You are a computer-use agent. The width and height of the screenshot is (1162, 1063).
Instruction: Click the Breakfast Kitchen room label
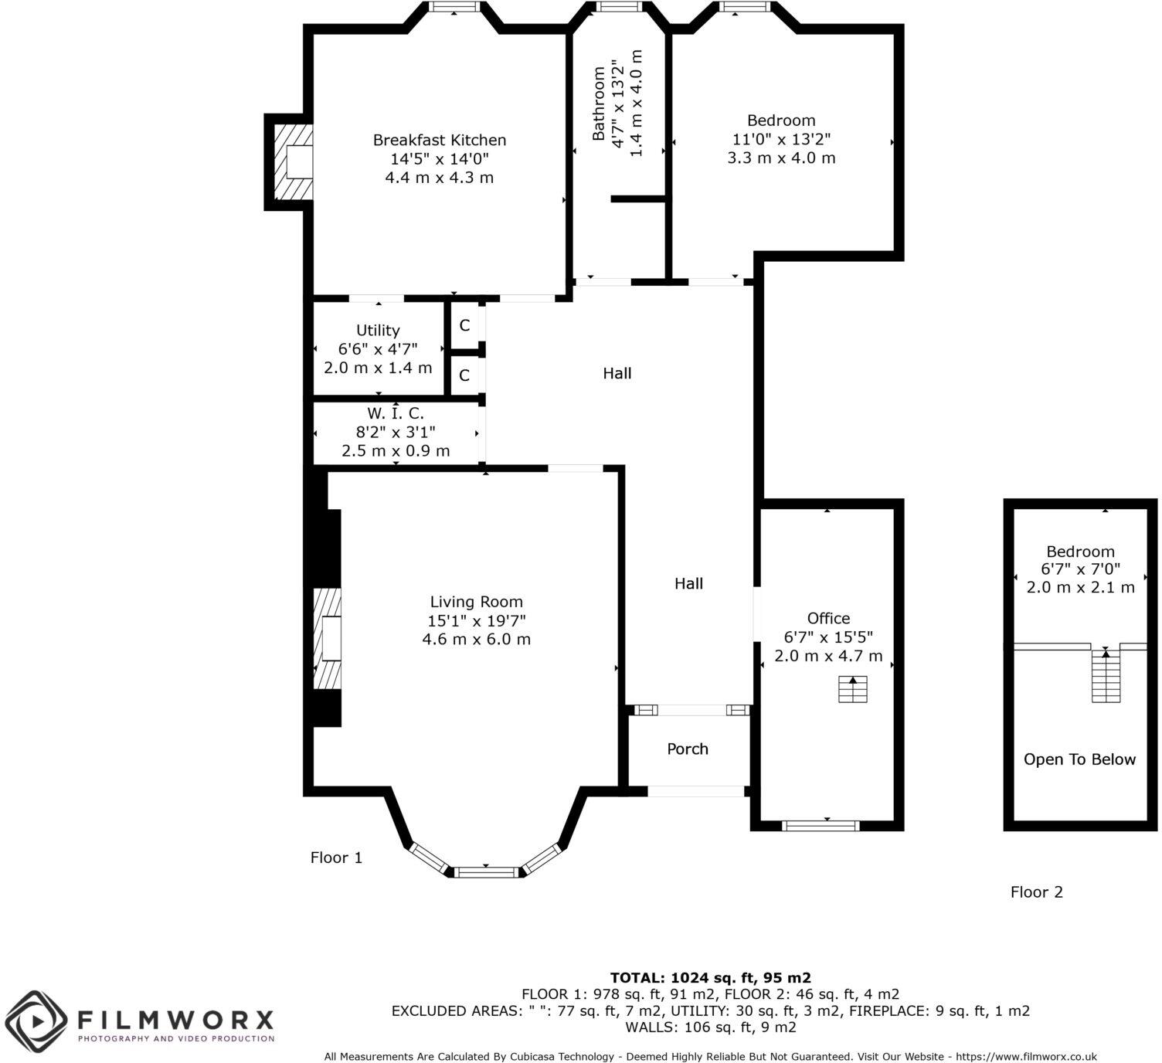tap(439, 141)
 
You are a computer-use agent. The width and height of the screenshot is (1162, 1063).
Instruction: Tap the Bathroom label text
tap(599, 104)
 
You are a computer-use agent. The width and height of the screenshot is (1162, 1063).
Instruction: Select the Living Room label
tap(476, 602)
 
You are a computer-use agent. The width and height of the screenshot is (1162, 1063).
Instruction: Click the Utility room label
tap(378, 331)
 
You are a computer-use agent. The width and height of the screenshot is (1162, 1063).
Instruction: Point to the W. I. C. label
tap(395, 414)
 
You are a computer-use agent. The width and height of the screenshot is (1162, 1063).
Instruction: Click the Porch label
tap(687, 749)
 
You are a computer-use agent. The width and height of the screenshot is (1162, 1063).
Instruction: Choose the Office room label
tap(828, 619)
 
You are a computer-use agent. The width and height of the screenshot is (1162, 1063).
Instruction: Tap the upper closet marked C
tap(464, 326)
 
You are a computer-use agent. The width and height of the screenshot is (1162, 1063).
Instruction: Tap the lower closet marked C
tap(464, 376)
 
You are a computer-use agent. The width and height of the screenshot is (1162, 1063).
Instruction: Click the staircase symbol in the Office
tap(853, 689)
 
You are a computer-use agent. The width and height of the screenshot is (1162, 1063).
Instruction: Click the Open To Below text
tap(1079, 760)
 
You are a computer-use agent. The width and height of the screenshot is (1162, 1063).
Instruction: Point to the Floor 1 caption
tap(336, 858)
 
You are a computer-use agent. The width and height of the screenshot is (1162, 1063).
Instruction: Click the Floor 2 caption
tap(1036, 892)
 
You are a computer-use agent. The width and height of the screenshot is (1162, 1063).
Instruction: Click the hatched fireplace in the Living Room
tap(328, 639)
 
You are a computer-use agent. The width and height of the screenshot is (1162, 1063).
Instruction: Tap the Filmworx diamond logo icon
tap(37, 1021)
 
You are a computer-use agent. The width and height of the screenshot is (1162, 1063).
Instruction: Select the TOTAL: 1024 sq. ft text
tap(710, 978)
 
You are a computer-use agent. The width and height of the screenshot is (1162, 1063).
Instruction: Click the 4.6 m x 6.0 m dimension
tap(476, 640)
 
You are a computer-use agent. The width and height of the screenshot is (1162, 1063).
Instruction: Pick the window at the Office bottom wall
tap(821, 826)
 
